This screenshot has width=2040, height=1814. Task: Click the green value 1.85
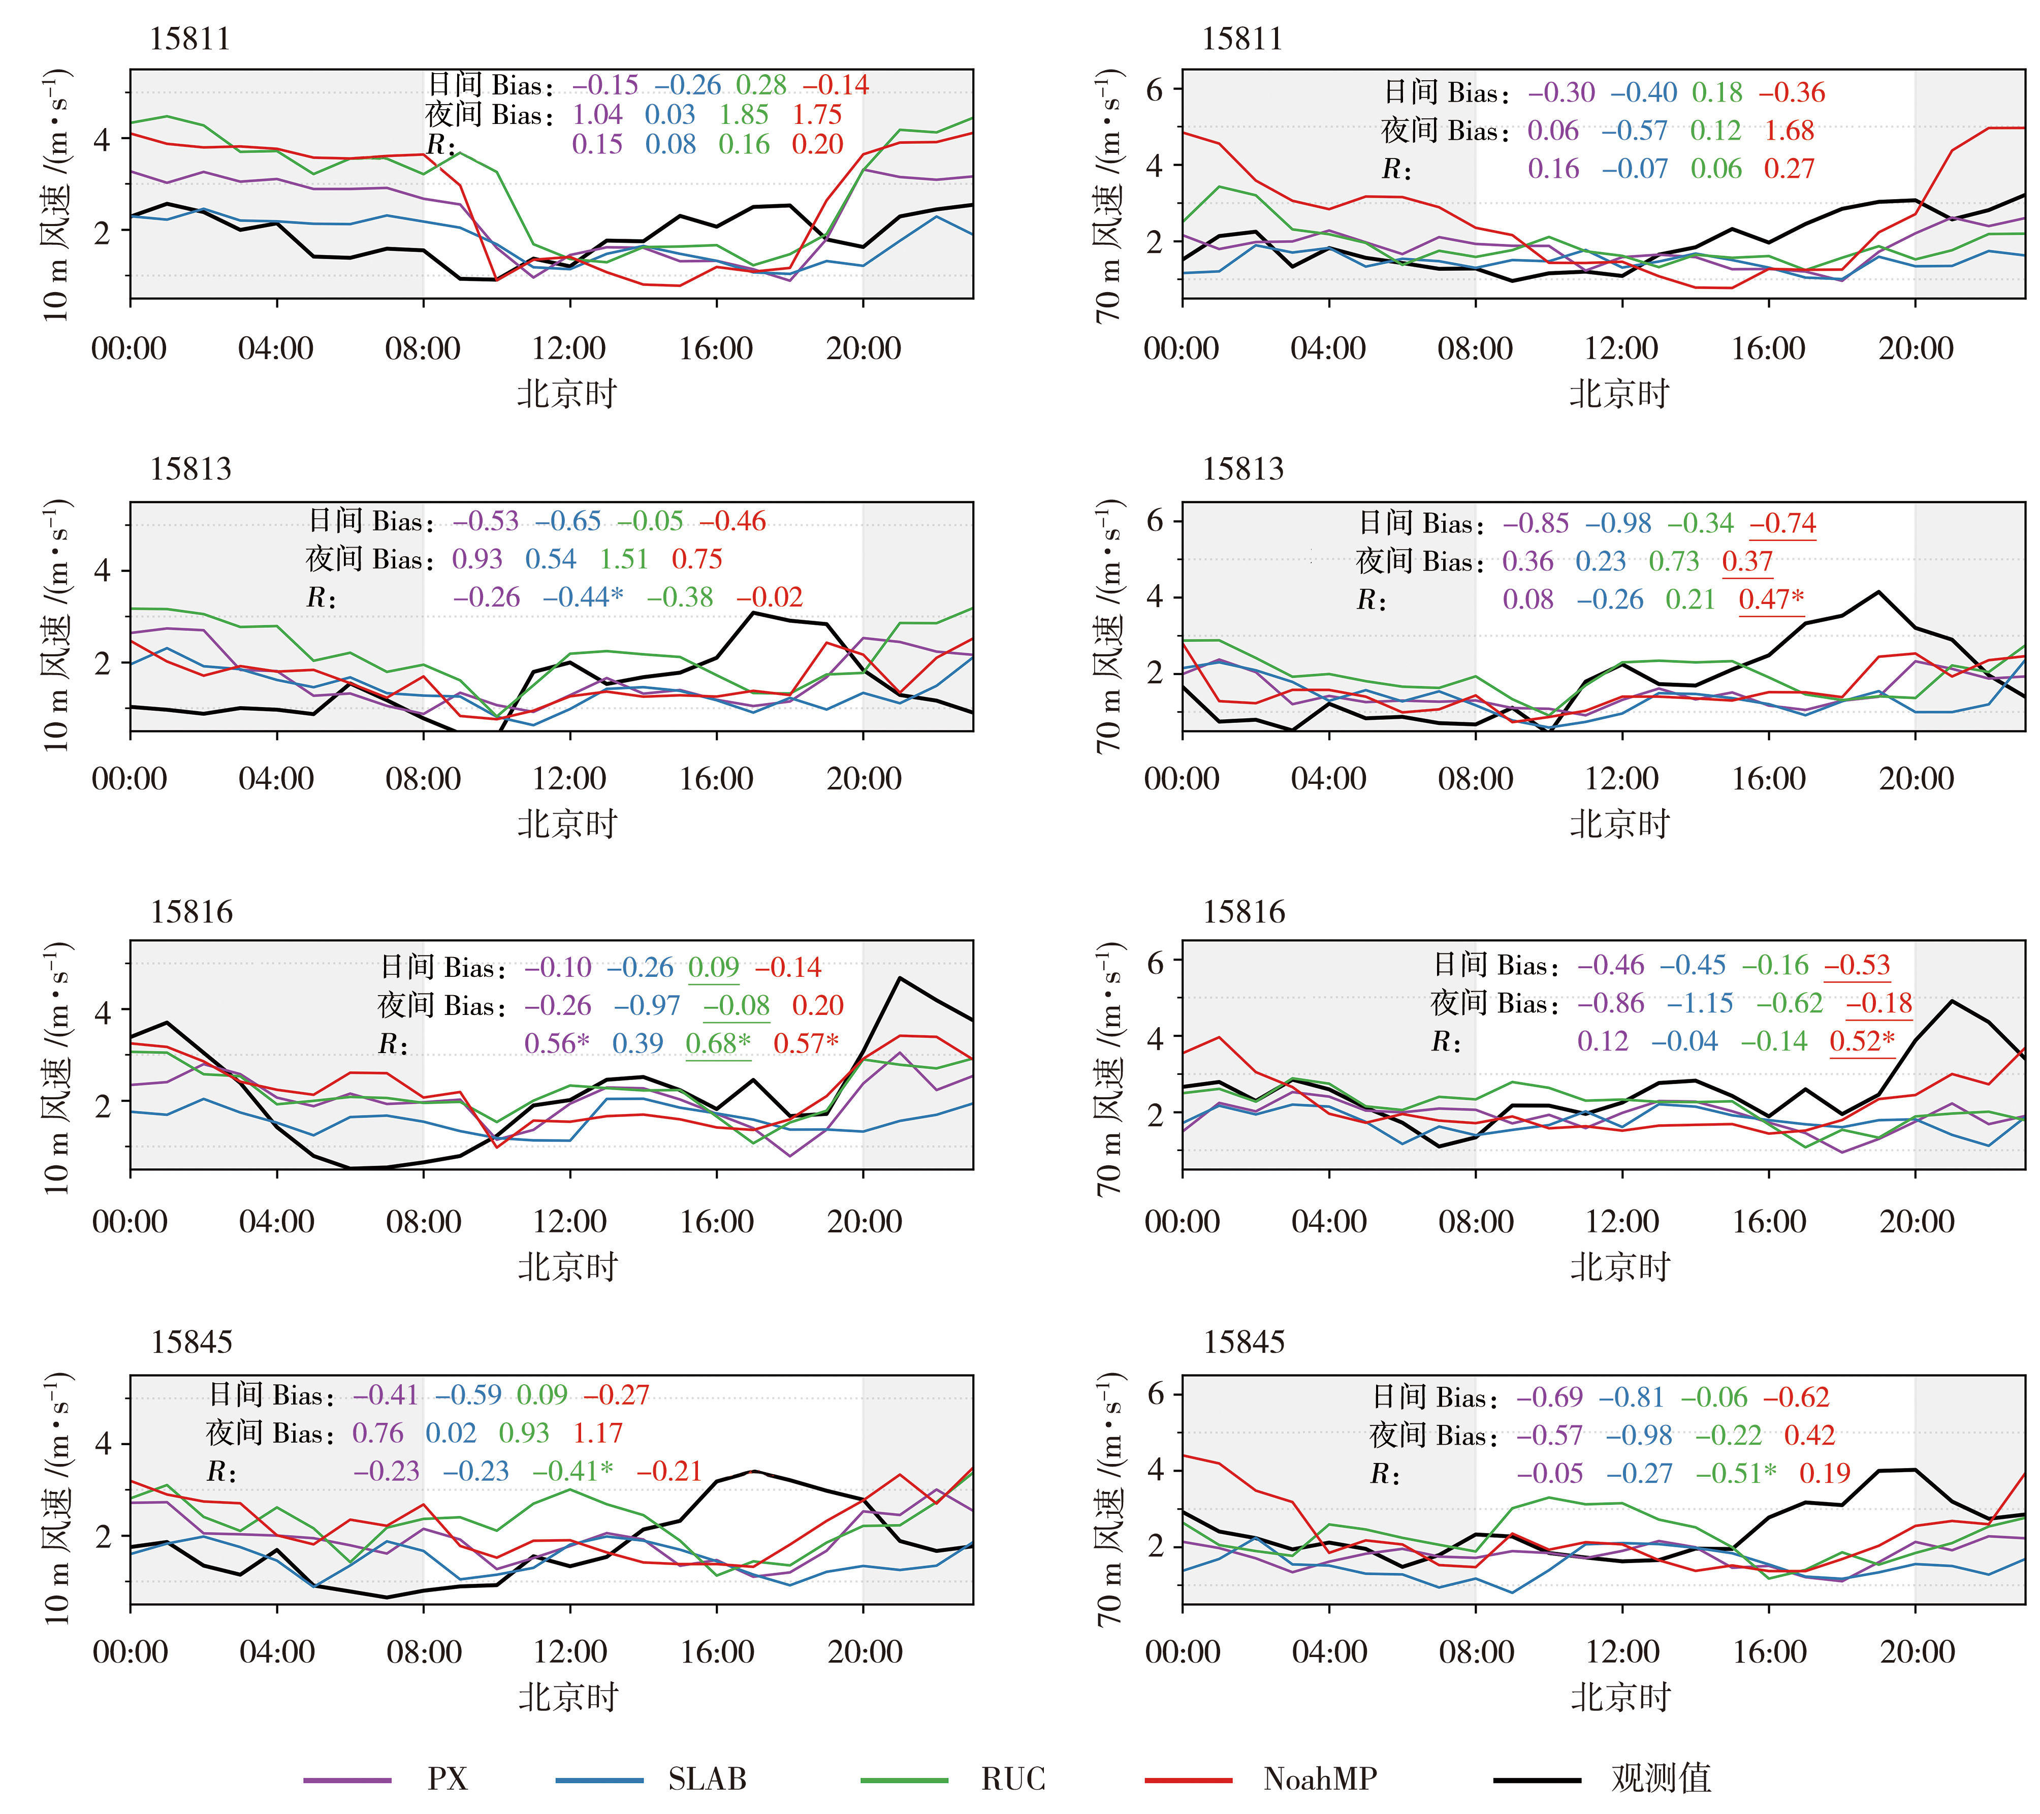(744, 115)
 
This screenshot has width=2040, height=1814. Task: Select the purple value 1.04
(597, 115)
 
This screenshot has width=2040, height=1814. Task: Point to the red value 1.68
(1789, 131)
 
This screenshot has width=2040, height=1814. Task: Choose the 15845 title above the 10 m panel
(190, 1342)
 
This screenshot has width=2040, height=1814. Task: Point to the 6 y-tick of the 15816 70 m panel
(1155, 962)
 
